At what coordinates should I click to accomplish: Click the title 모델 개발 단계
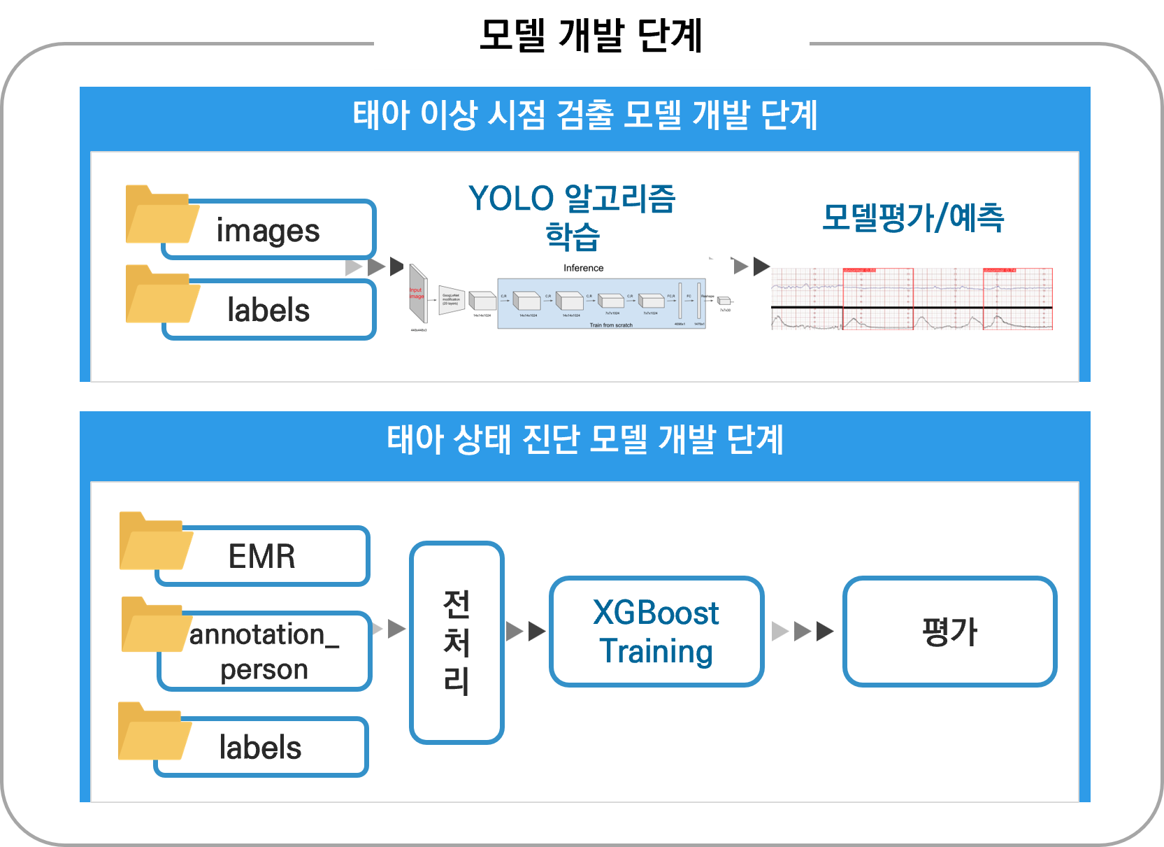point(591,36)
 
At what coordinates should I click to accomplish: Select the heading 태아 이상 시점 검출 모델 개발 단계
point(584,115)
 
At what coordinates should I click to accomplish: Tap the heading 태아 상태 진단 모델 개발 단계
point(584,440)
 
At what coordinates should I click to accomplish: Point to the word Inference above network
point(583,268)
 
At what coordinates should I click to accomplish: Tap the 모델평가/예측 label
point(913,218)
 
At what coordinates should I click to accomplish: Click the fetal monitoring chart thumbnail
point(912,299)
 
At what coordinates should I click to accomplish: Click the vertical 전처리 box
point(457,642)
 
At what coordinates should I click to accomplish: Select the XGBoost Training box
point(656,632)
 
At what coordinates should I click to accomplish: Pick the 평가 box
point(949,632)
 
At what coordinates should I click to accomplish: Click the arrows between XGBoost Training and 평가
point(803,632)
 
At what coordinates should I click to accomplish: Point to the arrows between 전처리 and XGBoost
point(526,632)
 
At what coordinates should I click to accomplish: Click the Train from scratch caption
point(610,325)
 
